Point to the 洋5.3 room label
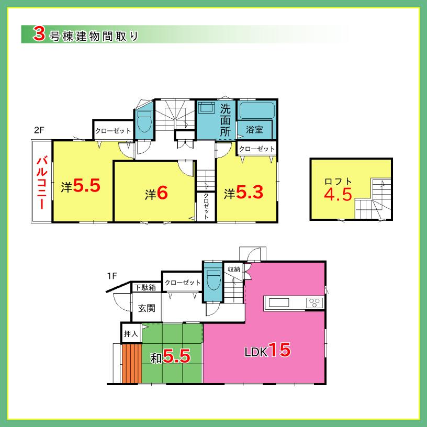[x=243, y=193]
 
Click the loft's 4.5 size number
[x=338, y=195]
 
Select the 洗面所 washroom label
[x=225, y=121]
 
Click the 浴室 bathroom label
[x=254, y=129]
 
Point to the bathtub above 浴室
[x=256, y=110]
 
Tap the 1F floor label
[x=111, y=275]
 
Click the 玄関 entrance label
[x=147, y=308]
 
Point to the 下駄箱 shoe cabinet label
[x=144, y=287]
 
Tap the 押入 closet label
[x=130, y=333]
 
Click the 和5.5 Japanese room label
[x=170, y=357]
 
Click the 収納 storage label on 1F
[x=233, y=269]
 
